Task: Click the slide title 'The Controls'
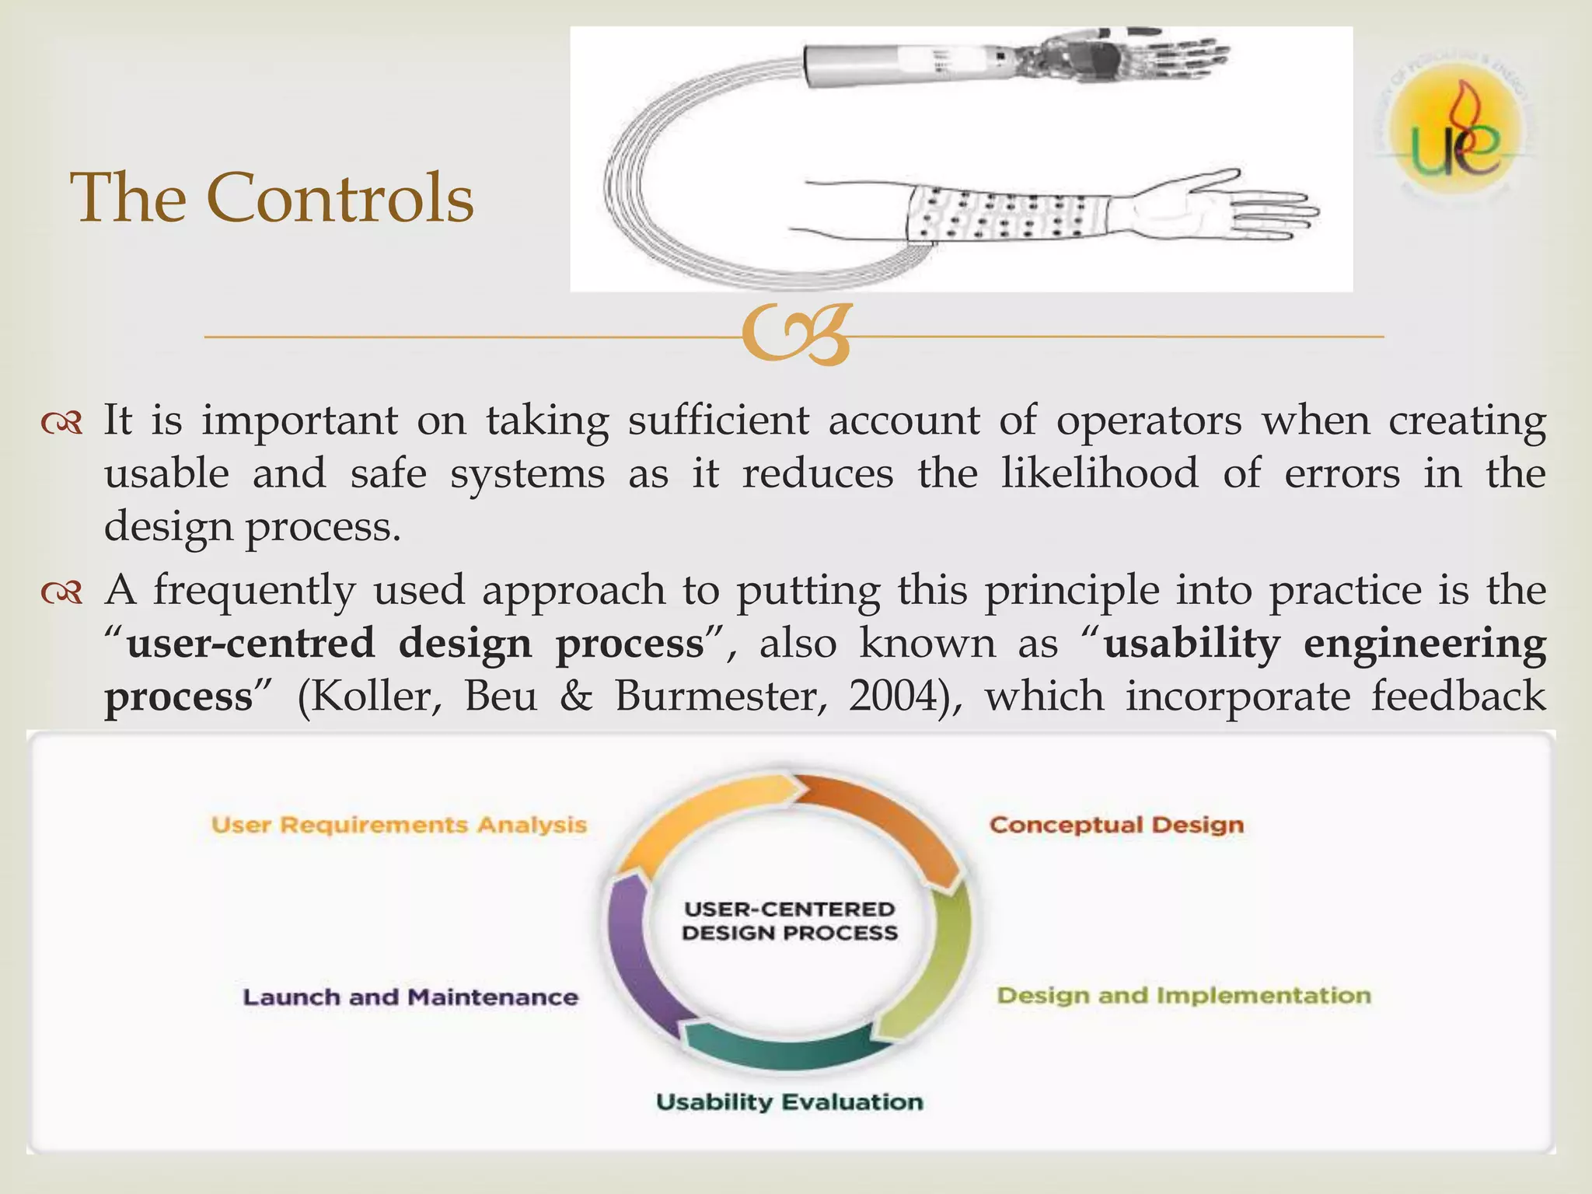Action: click(272, 198)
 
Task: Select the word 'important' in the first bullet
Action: click(299, 421)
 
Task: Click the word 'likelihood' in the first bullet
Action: click(1099, 473)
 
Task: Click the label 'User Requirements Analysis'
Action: click(399, 825)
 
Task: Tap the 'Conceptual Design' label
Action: click(1116, 825)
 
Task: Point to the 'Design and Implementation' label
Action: click(1183, 996)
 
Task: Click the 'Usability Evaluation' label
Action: click(789, 1102)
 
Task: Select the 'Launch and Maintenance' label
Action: click(410, 997)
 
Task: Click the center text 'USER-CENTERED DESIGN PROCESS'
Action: click(789, 921)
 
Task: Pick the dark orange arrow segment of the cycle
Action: click(886, 824)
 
